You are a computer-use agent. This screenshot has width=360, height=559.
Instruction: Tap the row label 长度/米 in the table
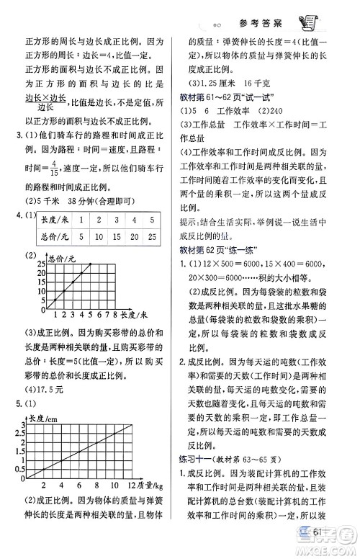[53, 219]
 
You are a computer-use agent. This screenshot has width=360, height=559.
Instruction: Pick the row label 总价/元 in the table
[53, 236]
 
